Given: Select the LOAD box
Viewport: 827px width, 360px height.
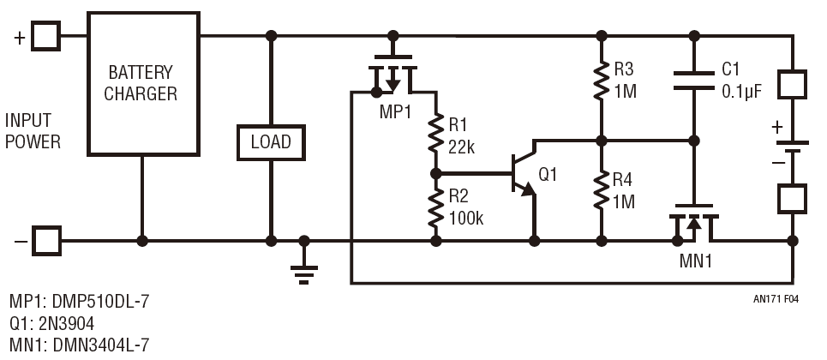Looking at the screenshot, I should (x=270, y=141).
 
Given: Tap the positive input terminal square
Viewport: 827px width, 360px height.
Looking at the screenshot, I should (x=46, y=36).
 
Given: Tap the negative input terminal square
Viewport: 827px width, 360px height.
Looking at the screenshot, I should (x=46, y=241).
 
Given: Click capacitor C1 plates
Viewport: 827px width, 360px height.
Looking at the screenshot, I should (x=692, y=79).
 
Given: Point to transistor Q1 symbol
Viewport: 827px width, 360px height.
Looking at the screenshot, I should (x=523, y=174).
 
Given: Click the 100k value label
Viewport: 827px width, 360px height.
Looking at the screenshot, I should (x=466, y=219).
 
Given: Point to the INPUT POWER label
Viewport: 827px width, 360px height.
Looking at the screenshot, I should (x=33, y=130).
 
